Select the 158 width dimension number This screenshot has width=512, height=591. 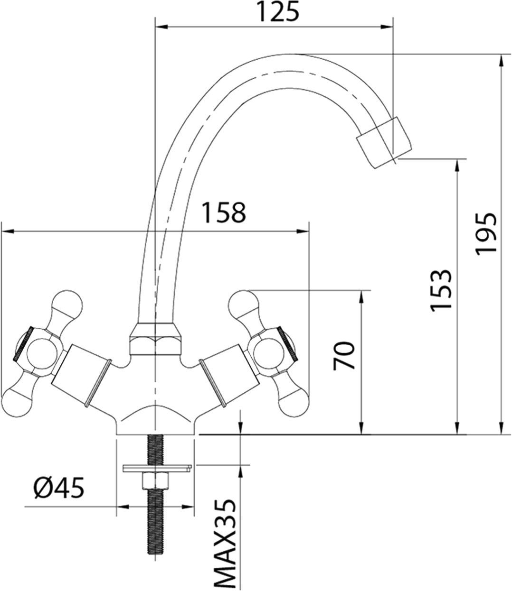coord(225,213)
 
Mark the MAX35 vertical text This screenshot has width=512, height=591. coord(223,544)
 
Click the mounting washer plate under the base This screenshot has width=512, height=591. coord(156,468)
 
